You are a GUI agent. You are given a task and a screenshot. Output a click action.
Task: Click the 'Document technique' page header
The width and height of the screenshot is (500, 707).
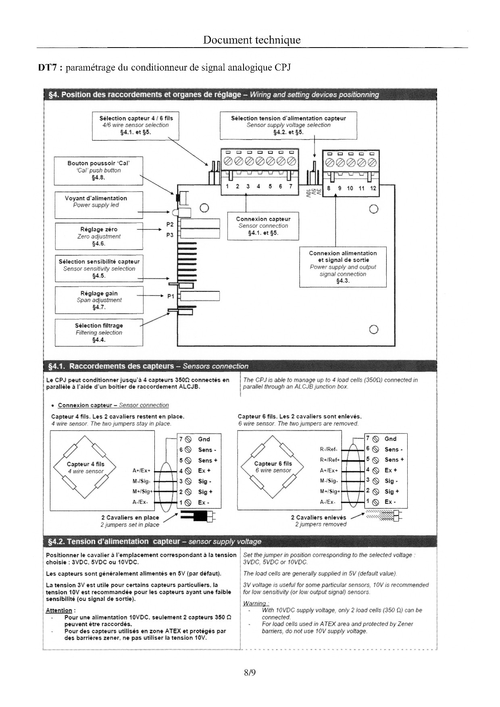[x=252, y=40]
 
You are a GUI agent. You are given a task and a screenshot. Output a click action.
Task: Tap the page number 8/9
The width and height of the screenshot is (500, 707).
[x=250, y=672]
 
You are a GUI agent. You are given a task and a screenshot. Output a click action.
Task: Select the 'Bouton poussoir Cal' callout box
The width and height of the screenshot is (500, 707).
[x=98, y=171]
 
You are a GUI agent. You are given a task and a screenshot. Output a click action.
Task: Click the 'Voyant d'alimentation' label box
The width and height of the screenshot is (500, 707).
[x=98, y=205]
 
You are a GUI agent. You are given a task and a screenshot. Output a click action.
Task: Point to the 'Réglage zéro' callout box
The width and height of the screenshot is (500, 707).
[x=99, y=236]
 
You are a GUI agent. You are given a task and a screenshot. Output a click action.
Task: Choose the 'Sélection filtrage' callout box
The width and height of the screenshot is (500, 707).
[x=99, y=333]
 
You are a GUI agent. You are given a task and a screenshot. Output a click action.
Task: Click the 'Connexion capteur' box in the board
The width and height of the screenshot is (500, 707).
[x=263, y=226]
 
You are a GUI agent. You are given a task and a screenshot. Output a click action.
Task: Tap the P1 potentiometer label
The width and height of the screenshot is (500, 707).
[x=171, y=296]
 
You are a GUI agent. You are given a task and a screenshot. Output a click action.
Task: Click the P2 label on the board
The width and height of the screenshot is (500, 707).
[x=170, y=224]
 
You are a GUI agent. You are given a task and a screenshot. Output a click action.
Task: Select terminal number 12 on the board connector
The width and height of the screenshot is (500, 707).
[x=373, y=188]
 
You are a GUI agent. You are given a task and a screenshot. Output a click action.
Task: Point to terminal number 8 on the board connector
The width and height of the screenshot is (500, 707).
[x=329, y=188]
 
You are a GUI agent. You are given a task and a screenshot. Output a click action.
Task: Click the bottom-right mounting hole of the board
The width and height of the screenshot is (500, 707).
[x=373, y=329]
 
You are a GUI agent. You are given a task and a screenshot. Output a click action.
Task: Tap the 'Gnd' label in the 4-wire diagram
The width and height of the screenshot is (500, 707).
[x=204, y=439]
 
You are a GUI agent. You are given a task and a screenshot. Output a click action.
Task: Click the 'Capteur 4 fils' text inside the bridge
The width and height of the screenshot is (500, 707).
[x=85, y=464]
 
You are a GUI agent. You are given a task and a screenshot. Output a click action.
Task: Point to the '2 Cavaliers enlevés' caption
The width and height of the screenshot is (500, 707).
[x=319, y=517]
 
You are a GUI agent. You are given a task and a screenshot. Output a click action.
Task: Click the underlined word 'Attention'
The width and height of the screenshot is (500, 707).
[x=59, y=611]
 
